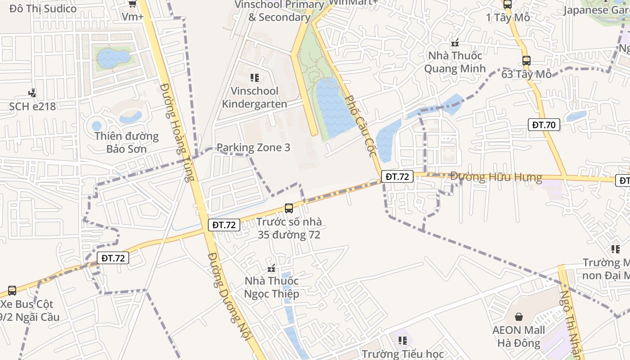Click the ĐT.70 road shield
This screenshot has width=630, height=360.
coord(544,125)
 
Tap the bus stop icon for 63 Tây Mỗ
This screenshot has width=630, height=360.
coord(526,60)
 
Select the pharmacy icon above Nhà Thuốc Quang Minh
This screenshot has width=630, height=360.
coord(455,43)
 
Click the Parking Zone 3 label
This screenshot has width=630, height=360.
coord(253,148)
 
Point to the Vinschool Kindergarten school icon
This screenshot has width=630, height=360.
coord(255,78)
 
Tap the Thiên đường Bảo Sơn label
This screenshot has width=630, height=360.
coord(126,142)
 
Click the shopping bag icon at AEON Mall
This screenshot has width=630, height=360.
coord(519,317)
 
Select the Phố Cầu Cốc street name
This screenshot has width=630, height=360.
coord(360,126)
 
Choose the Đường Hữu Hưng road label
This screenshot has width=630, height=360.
coord(496,177)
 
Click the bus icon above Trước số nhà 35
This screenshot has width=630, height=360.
coord(289,208)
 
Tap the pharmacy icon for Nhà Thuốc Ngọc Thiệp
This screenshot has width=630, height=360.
coord(271,269)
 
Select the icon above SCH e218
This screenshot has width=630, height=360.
coord(32,93)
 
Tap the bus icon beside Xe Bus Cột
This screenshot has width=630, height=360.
coord(12,291)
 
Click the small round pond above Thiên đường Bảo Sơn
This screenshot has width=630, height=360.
coord(97,126)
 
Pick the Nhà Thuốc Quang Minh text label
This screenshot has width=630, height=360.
coord(455,62)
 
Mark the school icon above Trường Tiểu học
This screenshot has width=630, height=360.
coord(403,341)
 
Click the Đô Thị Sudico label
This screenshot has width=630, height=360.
coord(43,9)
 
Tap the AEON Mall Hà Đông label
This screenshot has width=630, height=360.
coord(518,337)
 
